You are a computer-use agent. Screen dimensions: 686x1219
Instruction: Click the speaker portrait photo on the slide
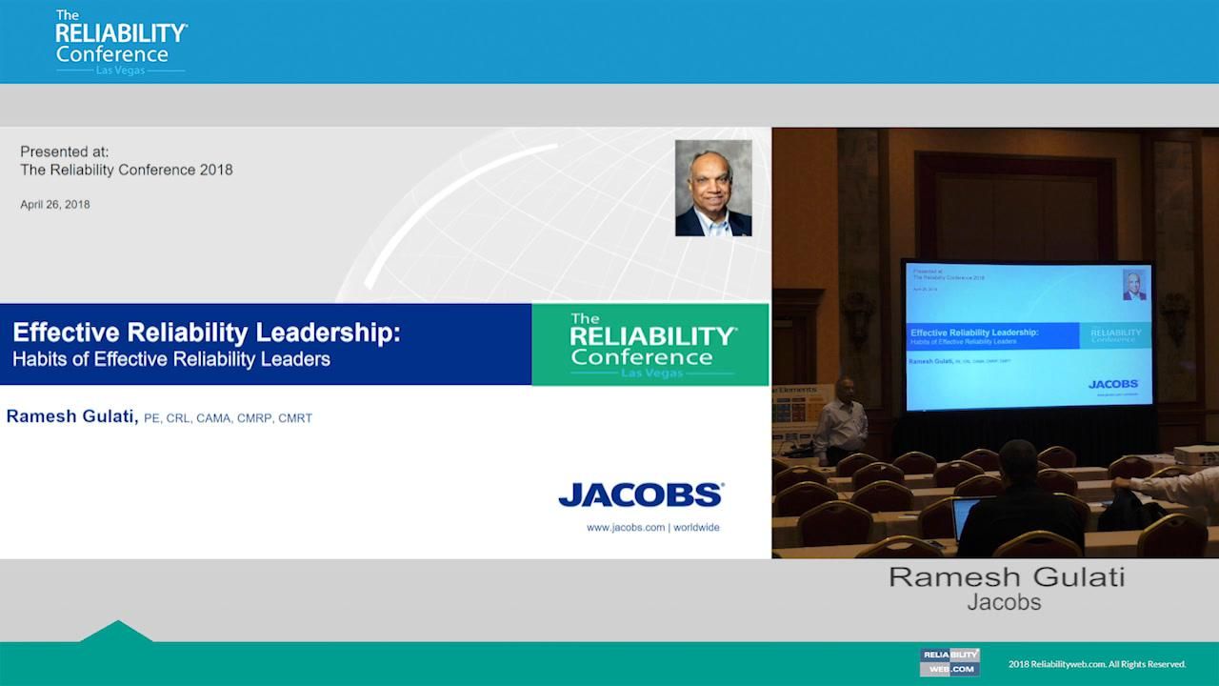tap(713, 188)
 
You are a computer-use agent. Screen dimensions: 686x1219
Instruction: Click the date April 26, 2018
tap(55, 204)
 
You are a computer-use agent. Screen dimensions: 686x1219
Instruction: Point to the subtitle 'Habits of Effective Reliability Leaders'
tap(171, 360)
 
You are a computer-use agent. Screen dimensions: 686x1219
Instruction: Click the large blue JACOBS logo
tap(640, 494)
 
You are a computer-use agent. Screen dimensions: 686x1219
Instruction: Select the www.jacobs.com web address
tap(626, 527)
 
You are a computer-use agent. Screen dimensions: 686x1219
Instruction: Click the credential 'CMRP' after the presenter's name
tap(255, 418)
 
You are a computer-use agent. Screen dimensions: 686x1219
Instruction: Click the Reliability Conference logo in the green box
tap(650, 345)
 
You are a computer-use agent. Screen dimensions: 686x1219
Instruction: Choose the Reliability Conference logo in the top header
tap(120, 42)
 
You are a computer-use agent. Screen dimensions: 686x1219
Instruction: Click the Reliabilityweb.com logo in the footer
tap(949, 662)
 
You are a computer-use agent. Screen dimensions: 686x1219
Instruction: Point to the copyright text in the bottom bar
tap(1097, 664)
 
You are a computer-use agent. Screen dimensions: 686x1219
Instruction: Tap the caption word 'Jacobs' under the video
tap(1004, 602)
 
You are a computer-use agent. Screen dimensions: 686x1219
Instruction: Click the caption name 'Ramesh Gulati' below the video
tap(1007, 577)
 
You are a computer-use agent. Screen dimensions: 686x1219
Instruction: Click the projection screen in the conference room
tap(1028, 335)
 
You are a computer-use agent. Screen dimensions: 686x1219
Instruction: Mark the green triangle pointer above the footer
tap(116, 631)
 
